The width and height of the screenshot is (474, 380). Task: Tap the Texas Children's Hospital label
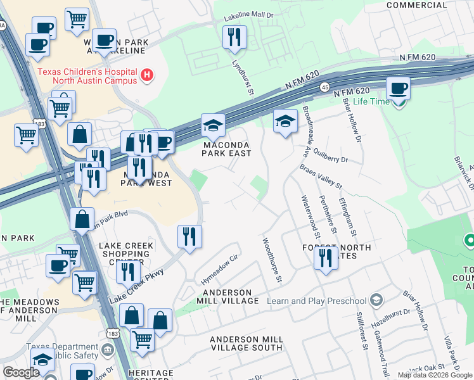(87, 76)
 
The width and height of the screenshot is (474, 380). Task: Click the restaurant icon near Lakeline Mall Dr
(234, 37)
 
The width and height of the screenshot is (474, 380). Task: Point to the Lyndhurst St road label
(243, 79)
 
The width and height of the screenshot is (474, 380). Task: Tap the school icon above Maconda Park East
(214, 125)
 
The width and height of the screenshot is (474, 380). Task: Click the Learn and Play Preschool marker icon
(376, 299)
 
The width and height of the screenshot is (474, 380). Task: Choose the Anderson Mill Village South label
(247, 343)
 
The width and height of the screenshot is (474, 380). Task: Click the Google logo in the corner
(22, 372)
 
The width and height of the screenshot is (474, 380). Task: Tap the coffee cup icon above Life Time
(398, 88)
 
